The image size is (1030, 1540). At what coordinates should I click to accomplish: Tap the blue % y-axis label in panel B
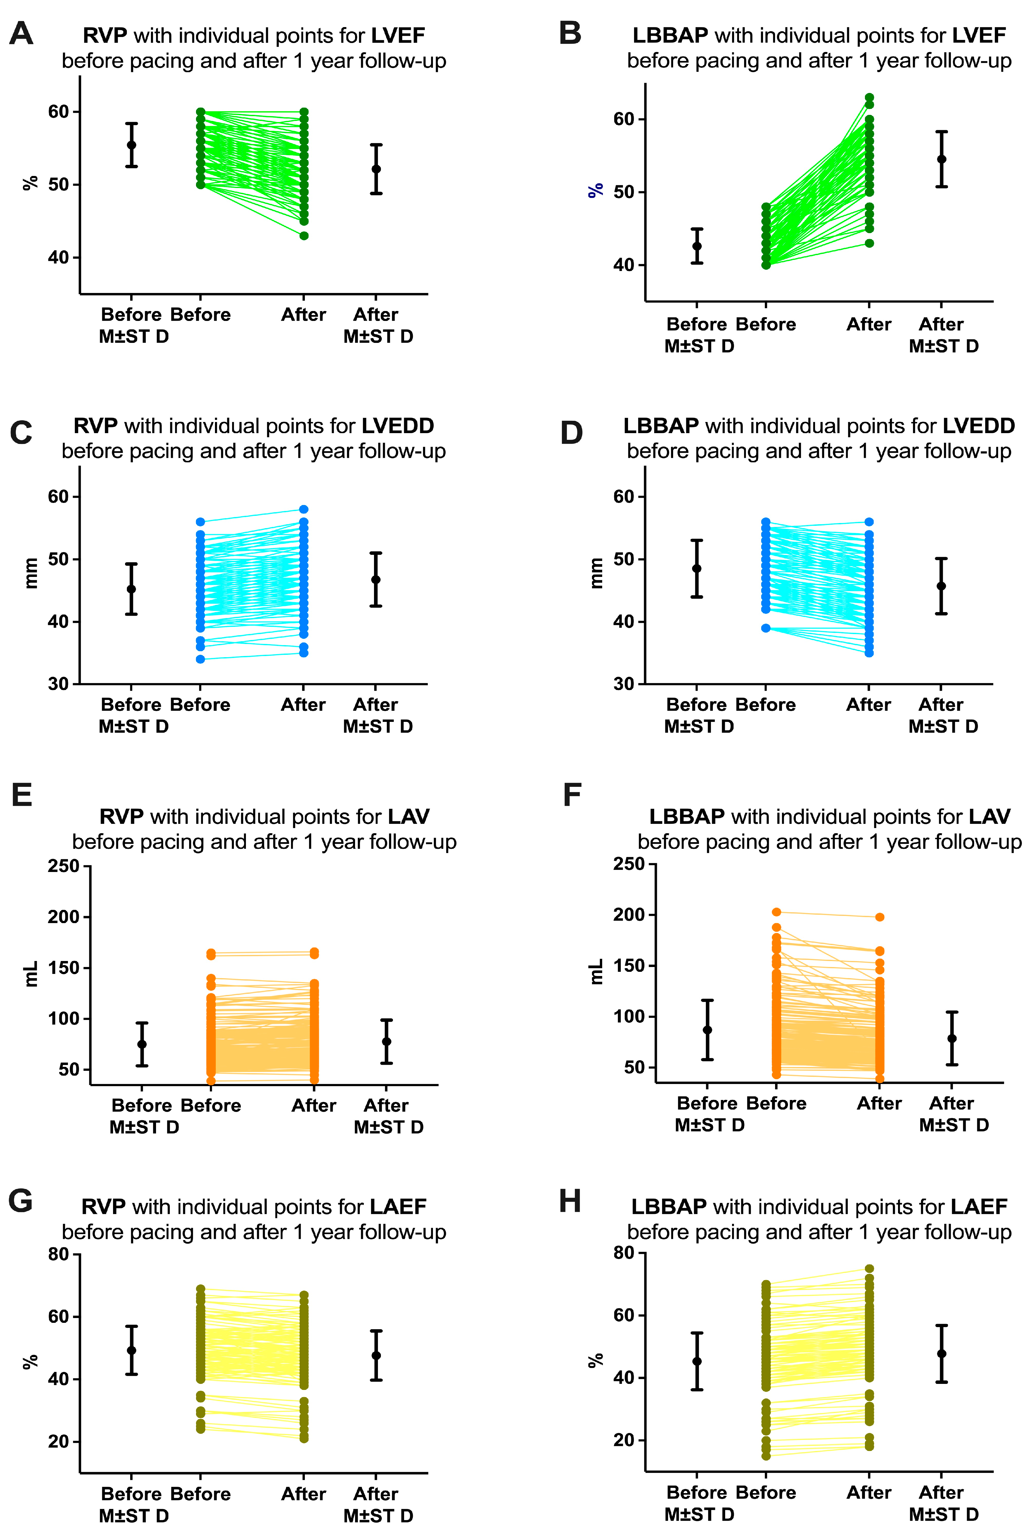tap(595, 190)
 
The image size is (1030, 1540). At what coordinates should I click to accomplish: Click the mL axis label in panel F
tap(596, 971)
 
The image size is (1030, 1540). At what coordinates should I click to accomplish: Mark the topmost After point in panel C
tap(304, 509)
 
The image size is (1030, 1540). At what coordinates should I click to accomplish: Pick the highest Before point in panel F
tap(777, 912)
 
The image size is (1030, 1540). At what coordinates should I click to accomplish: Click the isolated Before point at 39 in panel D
tap(766, 628)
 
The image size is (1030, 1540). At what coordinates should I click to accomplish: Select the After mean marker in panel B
tap(941, 159)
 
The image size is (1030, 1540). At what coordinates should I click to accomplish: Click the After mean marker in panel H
tap(941, 1354)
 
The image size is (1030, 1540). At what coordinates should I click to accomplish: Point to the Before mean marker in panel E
tap(142, 1044)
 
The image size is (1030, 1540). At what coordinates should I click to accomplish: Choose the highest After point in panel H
tap(869, 1269)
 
